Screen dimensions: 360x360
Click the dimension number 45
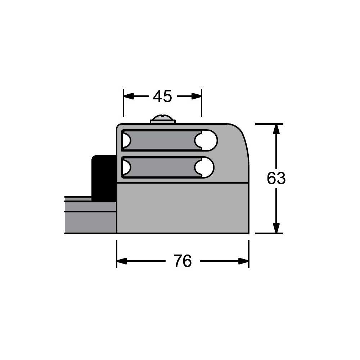tap(162, 96)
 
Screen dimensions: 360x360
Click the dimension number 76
tap(183, 261)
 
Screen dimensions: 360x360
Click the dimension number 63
tap(276, 178)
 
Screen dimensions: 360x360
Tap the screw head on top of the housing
tap(163, 119)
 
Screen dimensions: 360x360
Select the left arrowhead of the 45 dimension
tap(129, 96)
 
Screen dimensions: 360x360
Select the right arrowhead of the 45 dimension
tap(197, 96)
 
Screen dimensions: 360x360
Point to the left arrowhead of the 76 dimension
tap(122, 261)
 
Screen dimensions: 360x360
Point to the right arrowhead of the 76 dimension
tap(244, 261)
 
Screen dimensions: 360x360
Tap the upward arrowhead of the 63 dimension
tap(276, 129)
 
